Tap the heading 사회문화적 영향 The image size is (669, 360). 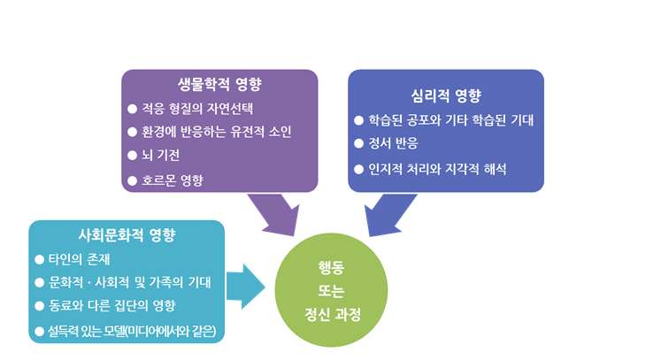pyautogui.click(x=127, y=235)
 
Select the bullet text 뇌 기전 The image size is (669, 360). pyautogui.click(x=165, y=157)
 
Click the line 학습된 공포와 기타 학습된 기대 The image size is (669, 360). pyautogui.click(x=454, y=119)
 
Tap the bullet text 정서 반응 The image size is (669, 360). pyautogui.click(x=395, y=142)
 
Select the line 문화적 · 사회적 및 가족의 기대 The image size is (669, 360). pyautogui.click(x=134, y=282)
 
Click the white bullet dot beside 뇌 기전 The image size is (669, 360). pyautogui.click(x=133, y=157)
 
